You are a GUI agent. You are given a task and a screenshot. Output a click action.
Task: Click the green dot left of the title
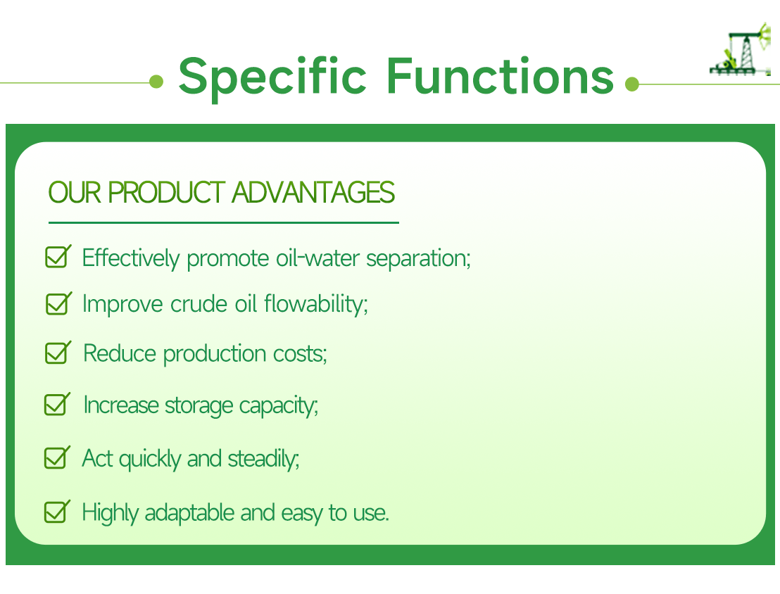coord(156,83)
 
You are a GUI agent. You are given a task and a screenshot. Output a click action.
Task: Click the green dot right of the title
coord(631,84)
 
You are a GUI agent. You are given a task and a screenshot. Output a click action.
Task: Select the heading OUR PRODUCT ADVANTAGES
coord(221,193)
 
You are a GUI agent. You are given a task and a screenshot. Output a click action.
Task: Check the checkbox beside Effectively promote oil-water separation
coord(56,257)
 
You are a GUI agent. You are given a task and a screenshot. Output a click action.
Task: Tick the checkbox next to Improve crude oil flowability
coord(56,303)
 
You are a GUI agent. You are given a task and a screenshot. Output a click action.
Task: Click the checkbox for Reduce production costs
coord(56,353)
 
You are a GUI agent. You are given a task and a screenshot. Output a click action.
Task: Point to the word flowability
coord(316,305)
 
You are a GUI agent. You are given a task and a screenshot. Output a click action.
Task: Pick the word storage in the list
coord(199,406)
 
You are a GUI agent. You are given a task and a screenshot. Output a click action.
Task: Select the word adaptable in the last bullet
coord(190,512)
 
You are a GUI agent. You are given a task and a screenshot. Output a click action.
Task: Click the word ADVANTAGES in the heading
coord(313,193)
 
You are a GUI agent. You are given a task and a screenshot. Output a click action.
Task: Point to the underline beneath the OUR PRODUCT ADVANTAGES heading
coord(223,222)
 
